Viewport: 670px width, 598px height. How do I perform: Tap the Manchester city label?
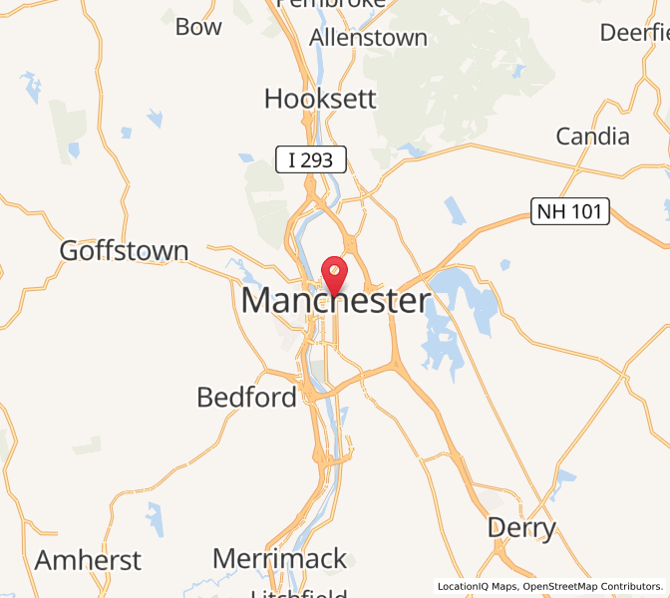(x=336, y=301)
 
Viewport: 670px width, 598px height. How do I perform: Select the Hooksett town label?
(x=320, y=99)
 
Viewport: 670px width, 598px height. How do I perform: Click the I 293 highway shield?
(x=311, y=157)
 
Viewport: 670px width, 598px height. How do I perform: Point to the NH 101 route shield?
(x=569, y=210)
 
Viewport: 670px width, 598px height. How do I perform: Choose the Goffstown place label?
(x=124, y=250)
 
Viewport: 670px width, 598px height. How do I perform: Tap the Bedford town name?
(x=246, y=397)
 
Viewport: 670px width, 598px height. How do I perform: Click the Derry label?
(x=521, y=527)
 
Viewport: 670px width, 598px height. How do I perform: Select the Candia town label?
(x=592, y=136)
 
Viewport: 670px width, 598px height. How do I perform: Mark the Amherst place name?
(x=88, y=560)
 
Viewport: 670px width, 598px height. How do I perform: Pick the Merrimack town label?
(x=280, y=558)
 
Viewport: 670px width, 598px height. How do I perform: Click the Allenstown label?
(x=368, y=38)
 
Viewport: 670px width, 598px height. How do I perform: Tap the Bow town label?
(x=198, y=27)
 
